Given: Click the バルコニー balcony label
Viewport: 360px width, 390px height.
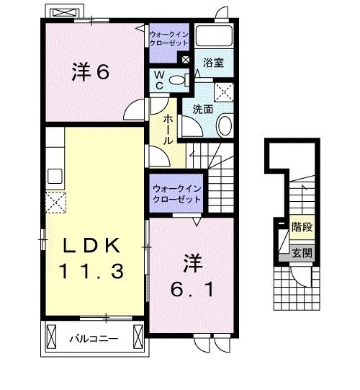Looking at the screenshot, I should coord(94,337).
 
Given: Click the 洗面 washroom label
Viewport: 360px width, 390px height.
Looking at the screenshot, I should coord(202,110).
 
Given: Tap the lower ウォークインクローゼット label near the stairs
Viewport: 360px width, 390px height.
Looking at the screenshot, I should coord(176,194).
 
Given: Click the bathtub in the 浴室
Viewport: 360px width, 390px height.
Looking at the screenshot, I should coord(212,37).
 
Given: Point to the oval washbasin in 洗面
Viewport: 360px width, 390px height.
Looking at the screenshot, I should coord(223,126).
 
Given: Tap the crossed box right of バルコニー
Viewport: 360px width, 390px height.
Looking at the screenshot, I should coord(136,337).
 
